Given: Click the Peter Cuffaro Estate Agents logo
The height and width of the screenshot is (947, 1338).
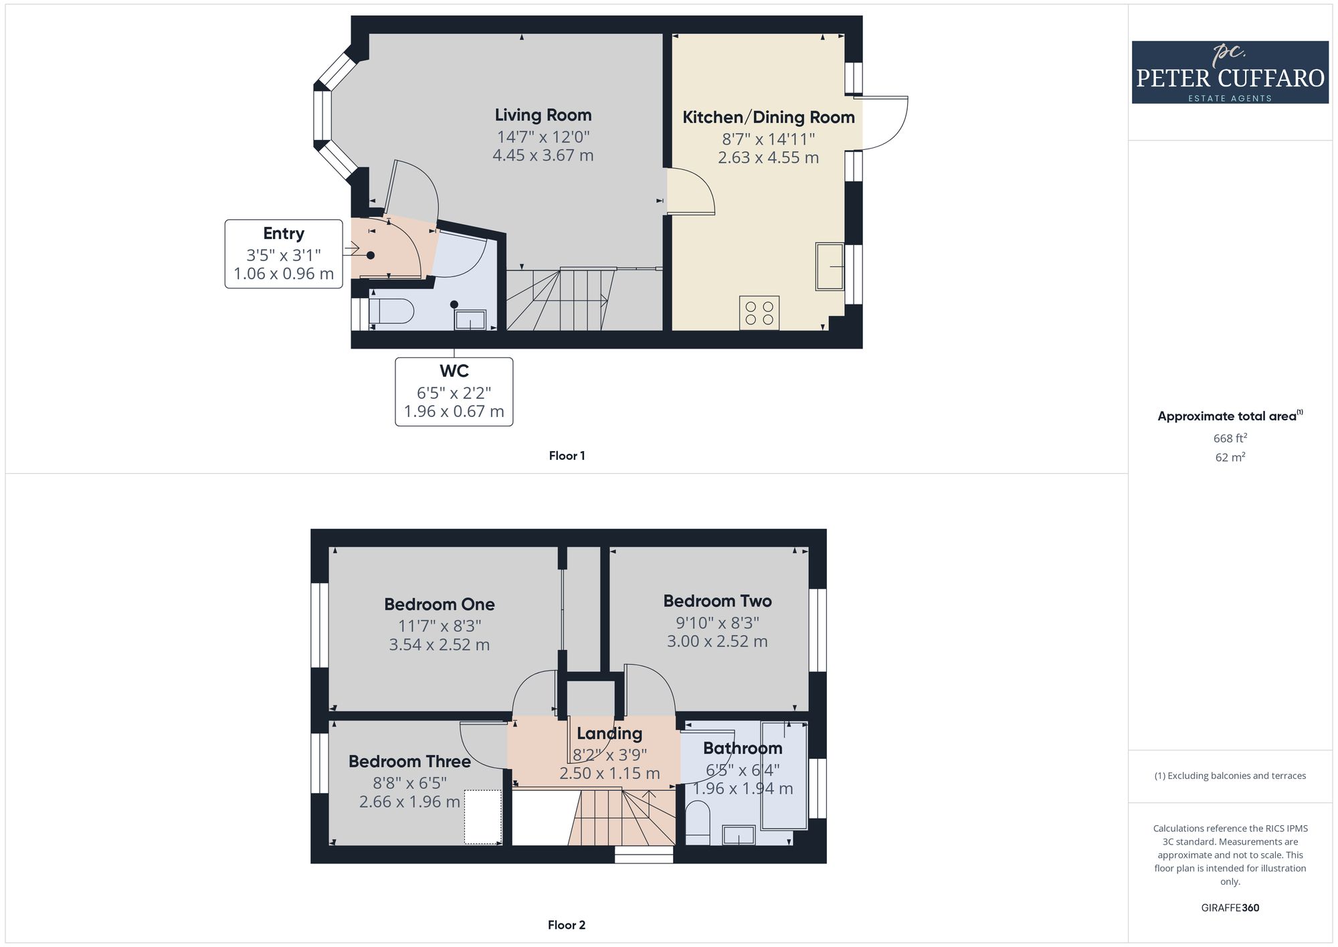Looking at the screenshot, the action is (x=1230, y=72).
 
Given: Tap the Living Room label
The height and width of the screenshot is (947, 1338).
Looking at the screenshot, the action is (x=543, y=115).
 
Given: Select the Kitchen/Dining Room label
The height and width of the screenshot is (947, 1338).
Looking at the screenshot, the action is (x=769, y=117).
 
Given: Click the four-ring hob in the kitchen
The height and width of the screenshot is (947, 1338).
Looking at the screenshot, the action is (x=759, y=313).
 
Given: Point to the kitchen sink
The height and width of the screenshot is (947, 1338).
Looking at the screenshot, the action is (x=830, y=266).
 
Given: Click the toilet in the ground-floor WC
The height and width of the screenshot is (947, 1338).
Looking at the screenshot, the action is (x=391, y=311).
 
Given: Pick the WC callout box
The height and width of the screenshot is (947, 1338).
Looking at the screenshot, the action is (x=454, y=392).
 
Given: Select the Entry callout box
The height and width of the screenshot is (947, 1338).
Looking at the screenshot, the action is (x=284, y=254).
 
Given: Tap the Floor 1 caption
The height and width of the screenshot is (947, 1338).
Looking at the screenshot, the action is (x=567, y=456).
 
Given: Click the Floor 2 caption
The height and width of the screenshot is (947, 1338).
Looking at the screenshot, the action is (x=567, y=925).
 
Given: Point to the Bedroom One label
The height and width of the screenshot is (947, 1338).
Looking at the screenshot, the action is (x=440, y=604).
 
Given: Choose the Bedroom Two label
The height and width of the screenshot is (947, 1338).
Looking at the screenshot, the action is (x=717, y=601).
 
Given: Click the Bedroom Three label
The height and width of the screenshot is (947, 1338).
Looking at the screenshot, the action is (x=409, y=762).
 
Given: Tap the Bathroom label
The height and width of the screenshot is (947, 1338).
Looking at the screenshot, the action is (x=743, y=748).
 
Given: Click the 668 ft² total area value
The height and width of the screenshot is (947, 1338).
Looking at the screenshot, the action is (x=1230, y=438).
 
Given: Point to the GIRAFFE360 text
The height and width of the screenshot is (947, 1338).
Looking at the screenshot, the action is (x=1230, y=908).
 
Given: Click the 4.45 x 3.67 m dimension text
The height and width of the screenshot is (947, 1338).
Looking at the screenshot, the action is (x=543, y=155).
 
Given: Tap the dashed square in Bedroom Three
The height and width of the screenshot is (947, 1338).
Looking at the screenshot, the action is (x=483, y=816).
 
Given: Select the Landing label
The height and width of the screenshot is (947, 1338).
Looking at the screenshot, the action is (x=609, y=734).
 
